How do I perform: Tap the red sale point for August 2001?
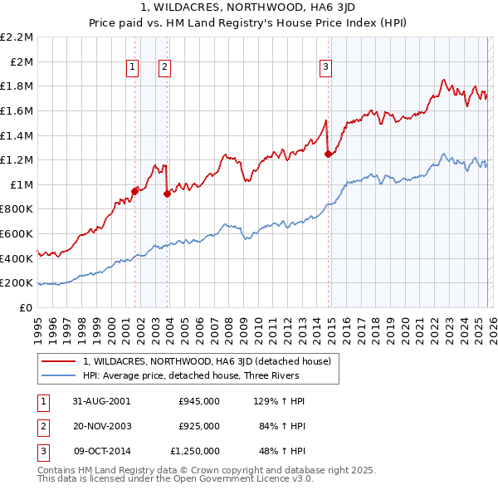coord(135,191)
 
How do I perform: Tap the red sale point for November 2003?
coord(167,194)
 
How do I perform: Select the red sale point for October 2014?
coord(328,154)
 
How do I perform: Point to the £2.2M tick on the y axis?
coord(17,37)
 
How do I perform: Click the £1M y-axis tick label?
coord(22,184)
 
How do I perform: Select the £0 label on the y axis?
coord(27,307)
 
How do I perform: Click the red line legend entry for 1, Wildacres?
coord(207,361)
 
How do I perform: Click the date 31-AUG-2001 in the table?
coord(102,401)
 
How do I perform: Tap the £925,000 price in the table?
coord(199,426)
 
